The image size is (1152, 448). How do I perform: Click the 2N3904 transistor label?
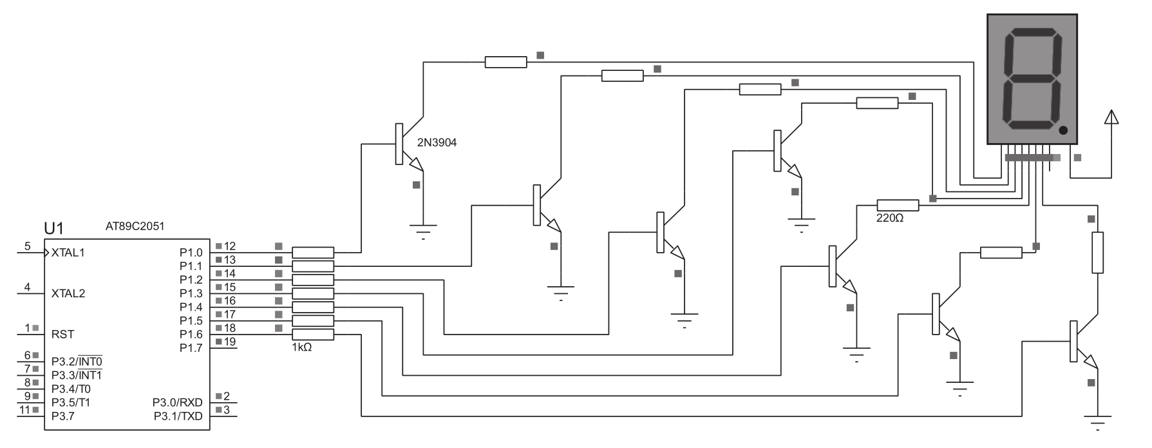pos(437,142)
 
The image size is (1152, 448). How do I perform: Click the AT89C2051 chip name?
pos(135,226)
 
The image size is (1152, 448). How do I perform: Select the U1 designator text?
pos(54,228)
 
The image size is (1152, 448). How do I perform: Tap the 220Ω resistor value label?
pos(890,219)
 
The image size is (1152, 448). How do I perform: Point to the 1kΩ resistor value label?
pos(302,347)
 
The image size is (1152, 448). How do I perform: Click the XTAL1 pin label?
pos(68,253)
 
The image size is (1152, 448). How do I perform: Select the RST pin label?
pos(62,335)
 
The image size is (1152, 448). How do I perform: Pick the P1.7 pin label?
pos(191,348)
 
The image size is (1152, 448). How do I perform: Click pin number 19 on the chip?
pos(230,342)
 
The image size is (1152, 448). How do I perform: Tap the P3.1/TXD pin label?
pos(178,416)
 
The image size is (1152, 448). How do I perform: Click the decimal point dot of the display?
pos(1063,131)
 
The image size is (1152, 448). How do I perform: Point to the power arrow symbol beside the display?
pos(1111,117)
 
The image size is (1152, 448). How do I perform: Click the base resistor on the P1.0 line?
pos(313,252)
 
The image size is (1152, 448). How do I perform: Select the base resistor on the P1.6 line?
pos(313,334)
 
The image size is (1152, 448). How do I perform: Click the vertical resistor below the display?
pos(1097,253)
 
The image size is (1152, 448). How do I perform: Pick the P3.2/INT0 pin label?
pos(77,361)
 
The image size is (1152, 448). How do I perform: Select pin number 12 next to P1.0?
pos(230,246)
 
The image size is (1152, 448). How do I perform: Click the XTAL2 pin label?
pos(68,294)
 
